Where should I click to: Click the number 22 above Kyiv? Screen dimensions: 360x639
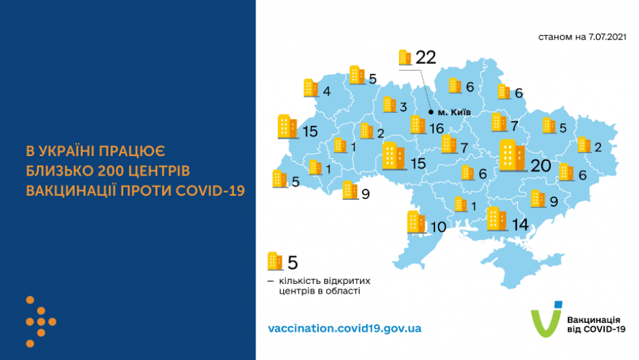(x=426, y=58)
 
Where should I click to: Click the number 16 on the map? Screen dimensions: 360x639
(x=437, y=128)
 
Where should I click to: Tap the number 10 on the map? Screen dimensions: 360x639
(x=438, y=227)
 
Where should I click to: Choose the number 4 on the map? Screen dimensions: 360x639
(x=326, y=92)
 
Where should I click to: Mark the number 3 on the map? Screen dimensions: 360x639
(x=403, y=107)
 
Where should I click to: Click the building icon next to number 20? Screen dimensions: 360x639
(x=513, y=156)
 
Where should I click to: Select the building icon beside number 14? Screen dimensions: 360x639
(x=496, y=218)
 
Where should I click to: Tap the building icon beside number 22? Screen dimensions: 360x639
(x=405, y=58)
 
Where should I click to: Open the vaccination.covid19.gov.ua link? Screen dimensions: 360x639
(x=344, y=328)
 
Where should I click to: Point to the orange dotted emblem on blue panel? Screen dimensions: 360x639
(x=40, y=322)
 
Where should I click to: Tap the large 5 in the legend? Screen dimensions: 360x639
(x=292, y=262)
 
